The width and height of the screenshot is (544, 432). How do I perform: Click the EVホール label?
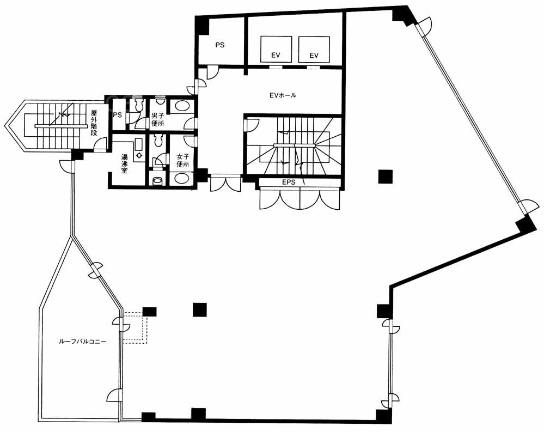coord(283,95)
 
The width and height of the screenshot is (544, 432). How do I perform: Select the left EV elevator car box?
coord(276,49)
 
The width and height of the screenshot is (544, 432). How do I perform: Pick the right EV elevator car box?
coord(314,49)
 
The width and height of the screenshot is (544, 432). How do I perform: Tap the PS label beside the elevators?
coord(219,45)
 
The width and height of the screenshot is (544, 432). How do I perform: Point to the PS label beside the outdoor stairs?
coord(117,114)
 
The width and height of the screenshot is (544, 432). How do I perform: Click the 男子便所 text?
coord(158,119)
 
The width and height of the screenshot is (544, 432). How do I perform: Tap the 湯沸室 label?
coord(124,163)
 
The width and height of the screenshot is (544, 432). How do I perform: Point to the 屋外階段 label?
coord(94,123)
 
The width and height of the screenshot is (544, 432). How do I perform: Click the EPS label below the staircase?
coord(289,182)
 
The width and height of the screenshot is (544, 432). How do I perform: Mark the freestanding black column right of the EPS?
coord(386,177)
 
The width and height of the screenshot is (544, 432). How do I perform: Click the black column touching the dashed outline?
coord(150,312)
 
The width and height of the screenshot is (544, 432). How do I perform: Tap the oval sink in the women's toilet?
coord(182,178)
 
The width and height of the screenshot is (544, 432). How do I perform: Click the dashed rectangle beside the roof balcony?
coord(135,328)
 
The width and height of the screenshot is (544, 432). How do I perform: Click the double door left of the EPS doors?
coord(225,184)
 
